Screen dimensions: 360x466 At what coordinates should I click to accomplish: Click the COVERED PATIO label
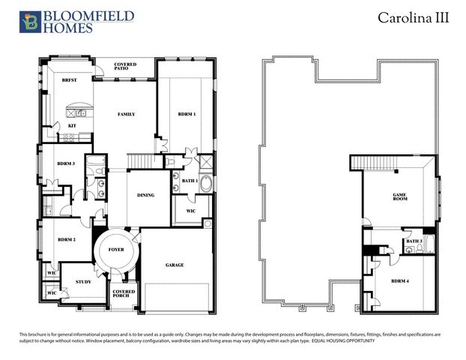[x=125, y=67]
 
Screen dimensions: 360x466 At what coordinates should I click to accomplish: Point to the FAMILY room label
[x=125, y=115]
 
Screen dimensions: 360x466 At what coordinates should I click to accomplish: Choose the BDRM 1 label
[x=187, y=115]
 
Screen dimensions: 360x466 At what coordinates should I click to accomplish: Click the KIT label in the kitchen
[x=72, y=125]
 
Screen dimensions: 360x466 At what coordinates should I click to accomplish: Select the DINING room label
[x=145, y=195]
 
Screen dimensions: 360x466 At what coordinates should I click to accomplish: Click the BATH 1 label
[x=190, y=180]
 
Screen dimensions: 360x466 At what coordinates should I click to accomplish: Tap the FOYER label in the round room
[x=116, y=249]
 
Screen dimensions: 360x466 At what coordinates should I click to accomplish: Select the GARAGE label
[x=175, y=265]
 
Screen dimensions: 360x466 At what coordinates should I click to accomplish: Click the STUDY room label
[x=82, y=282]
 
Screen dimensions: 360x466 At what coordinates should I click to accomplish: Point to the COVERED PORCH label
[x=123, y=294]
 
